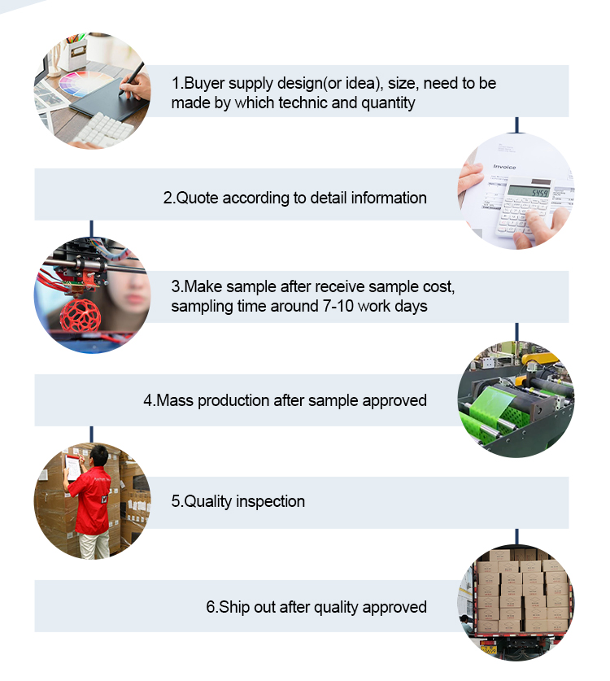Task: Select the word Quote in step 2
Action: pos(197,198)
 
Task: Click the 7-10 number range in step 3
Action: pos(338,306)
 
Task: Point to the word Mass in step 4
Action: pos(175,400)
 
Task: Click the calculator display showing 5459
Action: pos(529,191)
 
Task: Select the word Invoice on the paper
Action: pos(504,167)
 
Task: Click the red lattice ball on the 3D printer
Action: pos(81,316)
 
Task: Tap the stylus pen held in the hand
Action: pos(133,77)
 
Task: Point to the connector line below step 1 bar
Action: pos(516,124)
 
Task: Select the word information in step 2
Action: pos(389,198)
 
